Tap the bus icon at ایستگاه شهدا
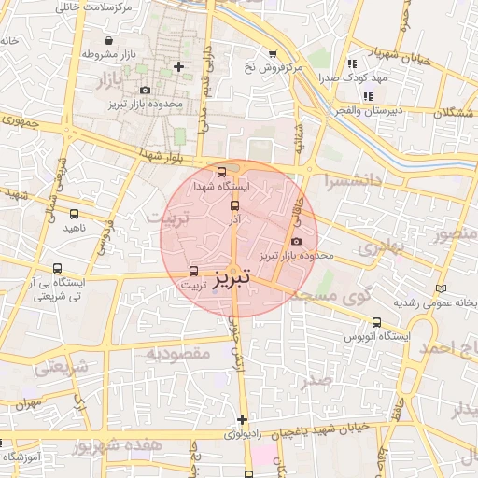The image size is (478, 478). [x=221, y=172]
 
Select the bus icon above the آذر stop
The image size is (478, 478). [x=233, y=205]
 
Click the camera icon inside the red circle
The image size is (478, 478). [x=297, y=242]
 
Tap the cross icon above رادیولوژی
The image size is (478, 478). [x=243, y=419]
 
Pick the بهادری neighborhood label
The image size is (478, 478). [x=380, y=248]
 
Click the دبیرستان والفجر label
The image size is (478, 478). [x=369, y=110]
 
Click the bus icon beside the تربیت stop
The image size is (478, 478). [x=194, y=271]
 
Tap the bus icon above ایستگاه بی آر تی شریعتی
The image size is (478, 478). [x=58, y=268]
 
